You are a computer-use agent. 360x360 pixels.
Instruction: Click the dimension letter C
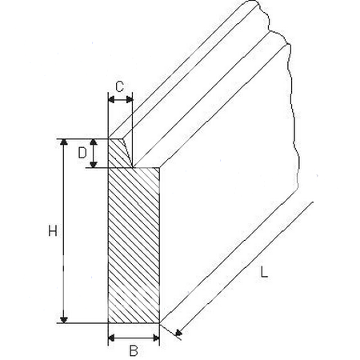[120, 86]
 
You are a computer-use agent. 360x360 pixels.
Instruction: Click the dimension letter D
[82, 153]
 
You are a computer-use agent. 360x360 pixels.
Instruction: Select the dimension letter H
[53, 231]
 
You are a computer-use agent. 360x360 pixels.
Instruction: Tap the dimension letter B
[134, 350]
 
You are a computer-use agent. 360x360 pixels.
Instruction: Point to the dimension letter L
[264, 272]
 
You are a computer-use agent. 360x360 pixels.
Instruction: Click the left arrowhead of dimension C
[111, 100]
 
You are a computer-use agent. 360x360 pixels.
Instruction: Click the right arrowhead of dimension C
[130, 100]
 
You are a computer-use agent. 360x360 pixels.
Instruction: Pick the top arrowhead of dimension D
[93, 142]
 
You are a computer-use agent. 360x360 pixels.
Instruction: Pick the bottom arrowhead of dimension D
[93, 165]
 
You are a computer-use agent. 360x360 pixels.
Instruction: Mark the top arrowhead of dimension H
[64, 142]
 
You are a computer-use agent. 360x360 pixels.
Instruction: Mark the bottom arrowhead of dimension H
[64, 320]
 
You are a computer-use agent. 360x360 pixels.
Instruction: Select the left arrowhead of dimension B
[111, 338]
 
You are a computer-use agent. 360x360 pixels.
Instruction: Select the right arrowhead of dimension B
[156, 338]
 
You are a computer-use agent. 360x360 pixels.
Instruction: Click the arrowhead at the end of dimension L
[178, 333]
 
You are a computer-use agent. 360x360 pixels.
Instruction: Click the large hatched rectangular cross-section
[134, 246]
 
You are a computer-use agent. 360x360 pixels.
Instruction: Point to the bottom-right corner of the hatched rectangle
[159, 323]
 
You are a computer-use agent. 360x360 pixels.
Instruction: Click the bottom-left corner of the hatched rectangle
[108, 323]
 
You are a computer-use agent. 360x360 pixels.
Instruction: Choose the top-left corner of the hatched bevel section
[108, 138]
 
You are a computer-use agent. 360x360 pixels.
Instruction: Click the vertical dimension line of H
[64, 231]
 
